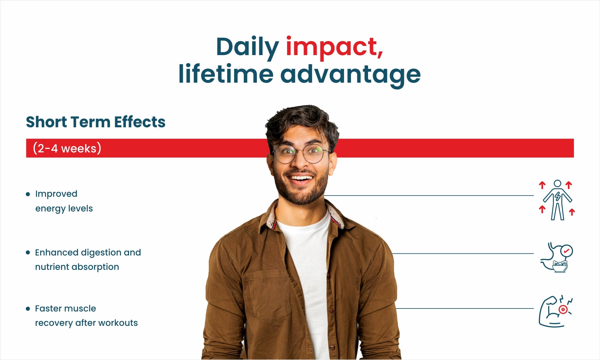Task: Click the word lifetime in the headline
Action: (x=226, y=73)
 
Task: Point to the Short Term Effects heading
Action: (x=96, y=122)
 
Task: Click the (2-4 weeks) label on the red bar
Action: (x=67, y=148)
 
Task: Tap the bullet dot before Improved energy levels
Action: (x=28, y=194)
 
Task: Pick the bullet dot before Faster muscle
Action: (x=28, y=309)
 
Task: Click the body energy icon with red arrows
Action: (x=557, y=200)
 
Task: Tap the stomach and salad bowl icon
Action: (x=557, y=257)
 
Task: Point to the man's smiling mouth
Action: (x=301, y=179)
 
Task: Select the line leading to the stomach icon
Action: (x=463, y=253)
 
